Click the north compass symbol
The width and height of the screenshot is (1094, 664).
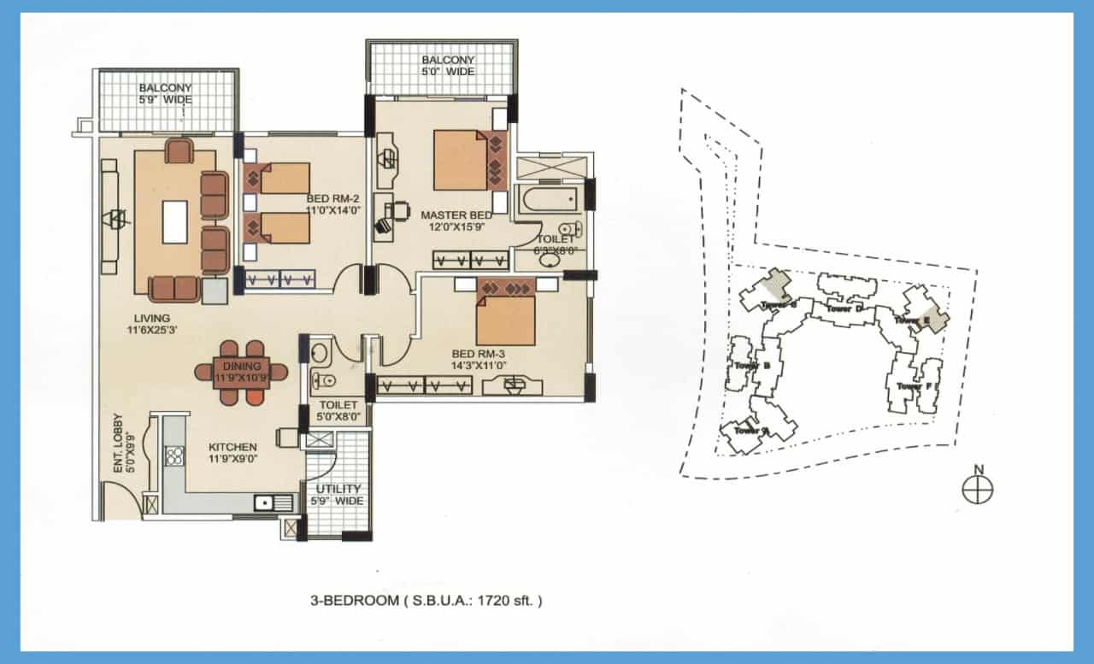coord(978,489)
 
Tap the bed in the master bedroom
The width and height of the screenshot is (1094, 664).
coord(460,160)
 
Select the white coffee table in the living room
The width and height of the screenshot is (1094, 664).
coord(174,221)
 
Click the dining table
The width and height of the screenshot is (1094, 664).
coord(241,373)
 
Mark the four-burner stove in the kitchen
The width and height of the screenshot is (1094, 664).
coord(174,455)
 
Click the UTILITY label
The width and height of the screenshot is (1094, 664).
coord(338,490)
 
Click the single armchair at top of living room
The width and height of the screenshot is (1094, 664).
coord(179,151)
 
